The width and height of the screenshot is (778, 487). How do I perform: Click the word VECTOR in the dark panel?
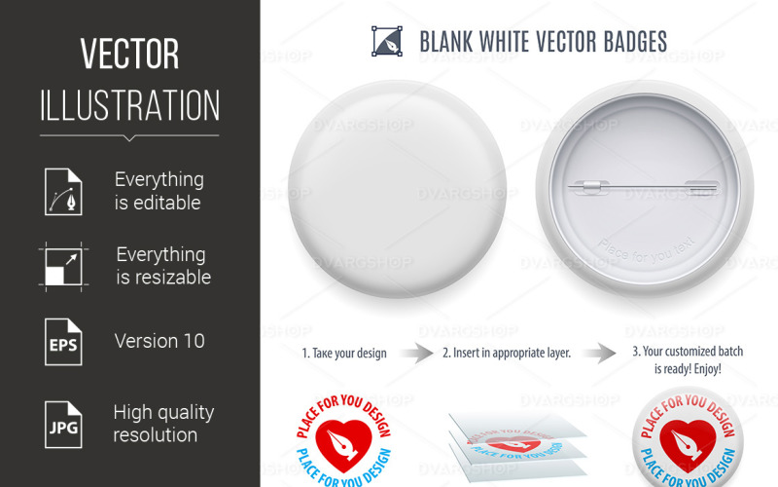(129, 56)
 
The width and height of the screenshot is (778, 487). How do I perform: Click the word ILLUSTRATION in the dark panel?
(129, 105)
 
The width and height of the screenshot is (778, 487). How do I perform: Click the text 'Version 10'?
(159, 341)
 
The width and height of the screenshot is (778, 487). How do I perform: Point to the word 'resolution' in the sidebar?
(156, 434)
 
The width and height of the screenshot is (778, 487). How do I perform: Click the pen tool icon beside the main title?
(387, 41)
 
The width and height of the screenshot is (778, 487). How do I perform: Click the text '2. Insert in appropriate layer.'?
(506, 353)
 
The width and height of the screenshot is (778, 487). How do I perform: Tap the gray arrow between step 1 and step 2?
(416, 353)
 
